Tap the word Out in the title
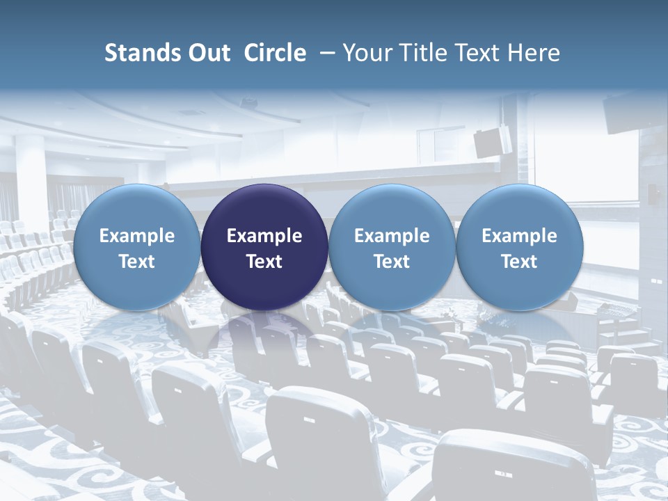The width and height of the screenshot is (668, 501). [208, 53]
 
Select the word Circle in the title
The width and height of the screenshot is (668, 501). [275, 53]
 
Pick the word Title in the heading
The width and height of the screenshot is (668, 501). [424, 53]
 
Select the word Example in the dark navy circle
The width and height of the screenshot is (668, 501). [264, 236]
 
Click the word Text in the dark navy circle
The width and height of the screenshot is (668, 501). [264, 262]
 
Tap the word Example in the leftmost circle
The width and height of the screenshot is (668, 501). [137, 236]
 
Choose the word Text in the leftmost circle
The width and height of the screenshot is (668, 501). [137, 262]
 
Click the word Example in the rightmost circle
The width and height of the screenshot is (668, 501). [519, 236]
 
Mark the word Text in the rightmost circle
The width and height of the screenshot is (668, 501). [519, 262]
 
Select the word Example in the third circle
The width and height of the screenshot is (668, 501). [392, 236]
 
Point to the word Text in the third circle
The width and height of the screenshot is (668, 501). [392, 262]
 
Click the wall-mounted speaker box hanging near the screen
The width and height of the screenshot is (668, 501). [492, 141]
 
